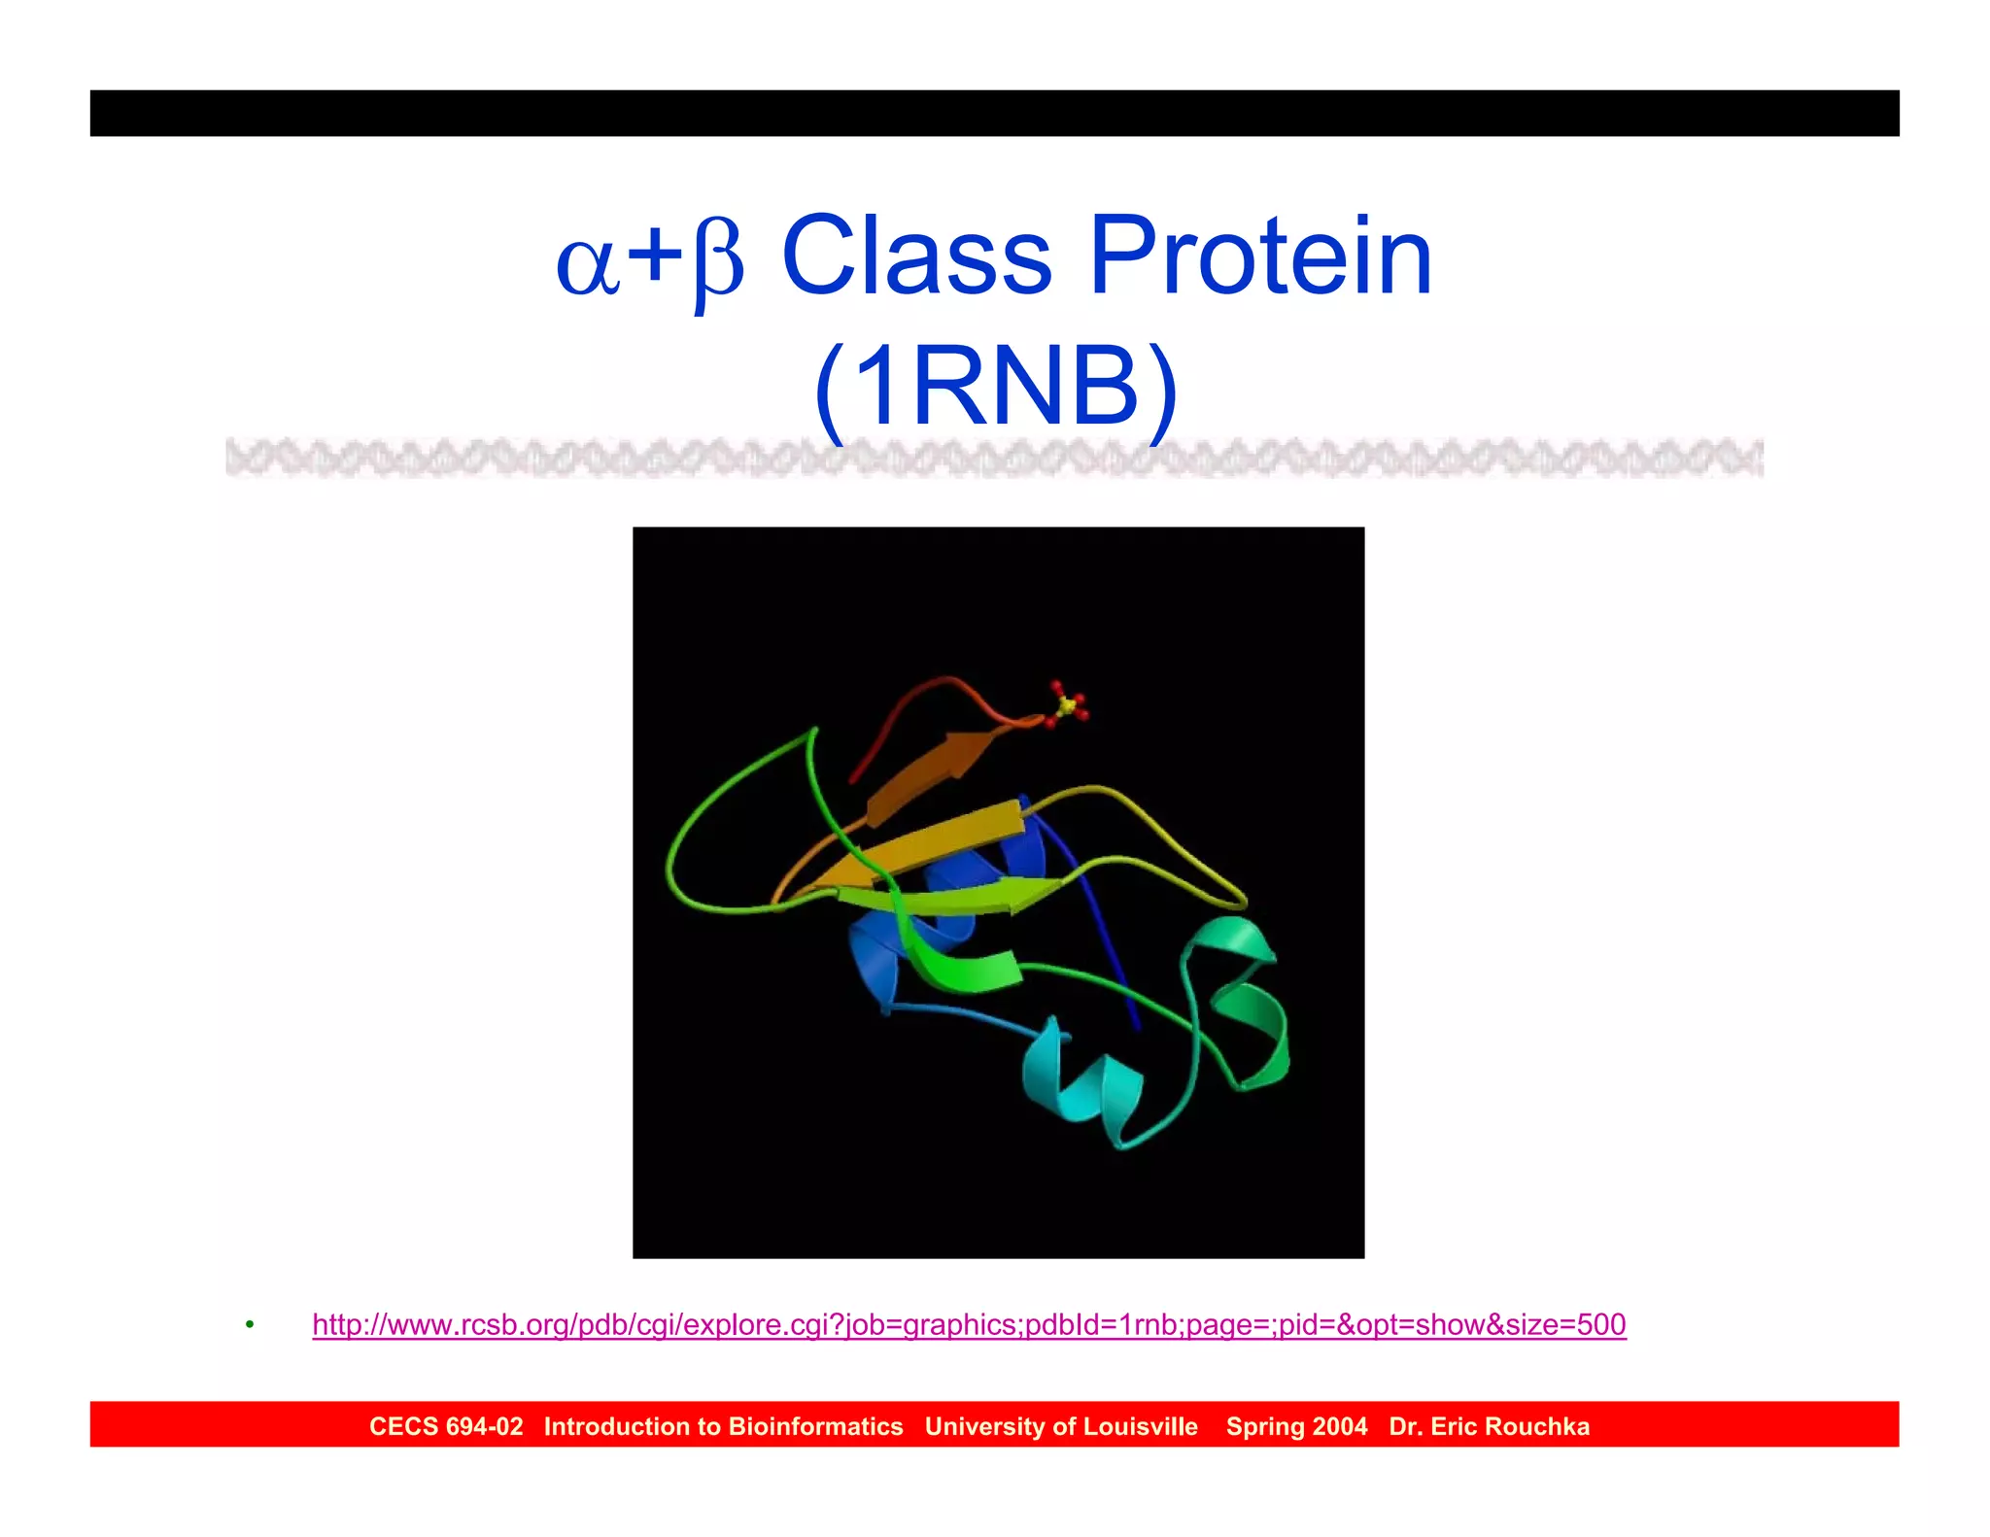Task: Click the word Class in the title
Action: (916, 256)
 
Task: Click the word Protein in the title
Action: (1260, 256)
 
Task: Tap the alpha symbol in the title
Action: (587, 264)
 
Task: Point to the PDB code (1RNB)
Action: (995, 388)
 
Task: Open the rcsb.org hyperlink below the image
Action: (969, 1324)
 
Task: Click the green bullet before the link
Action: (250, 1325)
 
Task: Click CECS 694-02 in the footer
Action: (446, 1426)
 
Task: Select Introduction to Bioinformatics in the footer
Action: (723, 1426)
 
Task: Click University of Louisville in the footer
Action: (1061, 1426)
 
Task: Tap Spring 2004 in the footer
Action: (1296, 1426)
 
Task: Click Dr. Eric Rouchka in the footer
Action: (1489, 1426)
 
